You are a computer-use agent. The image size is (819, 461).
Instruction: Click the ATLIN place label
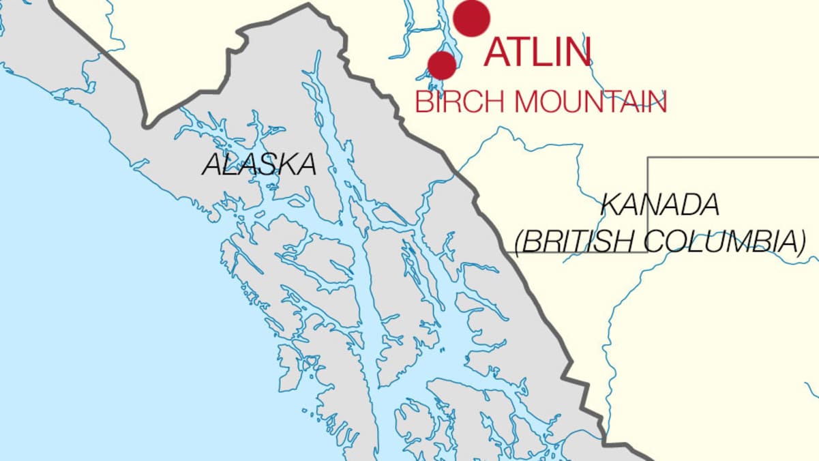click(537, 53)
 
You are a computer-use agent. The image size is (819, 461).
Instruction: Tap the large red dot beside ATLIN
click(472, 18)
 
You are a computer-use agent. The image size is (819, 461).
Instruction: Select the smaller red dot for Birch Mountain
click(442, 65)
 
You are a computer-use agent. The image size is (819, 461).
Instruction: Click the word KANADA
click(659, 205)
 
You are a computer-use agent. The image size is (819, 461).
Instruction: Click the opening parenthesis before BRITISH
click(519, 242)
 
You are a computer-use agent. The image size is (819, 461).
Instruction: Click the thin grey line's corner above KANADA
click(648, 158)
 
